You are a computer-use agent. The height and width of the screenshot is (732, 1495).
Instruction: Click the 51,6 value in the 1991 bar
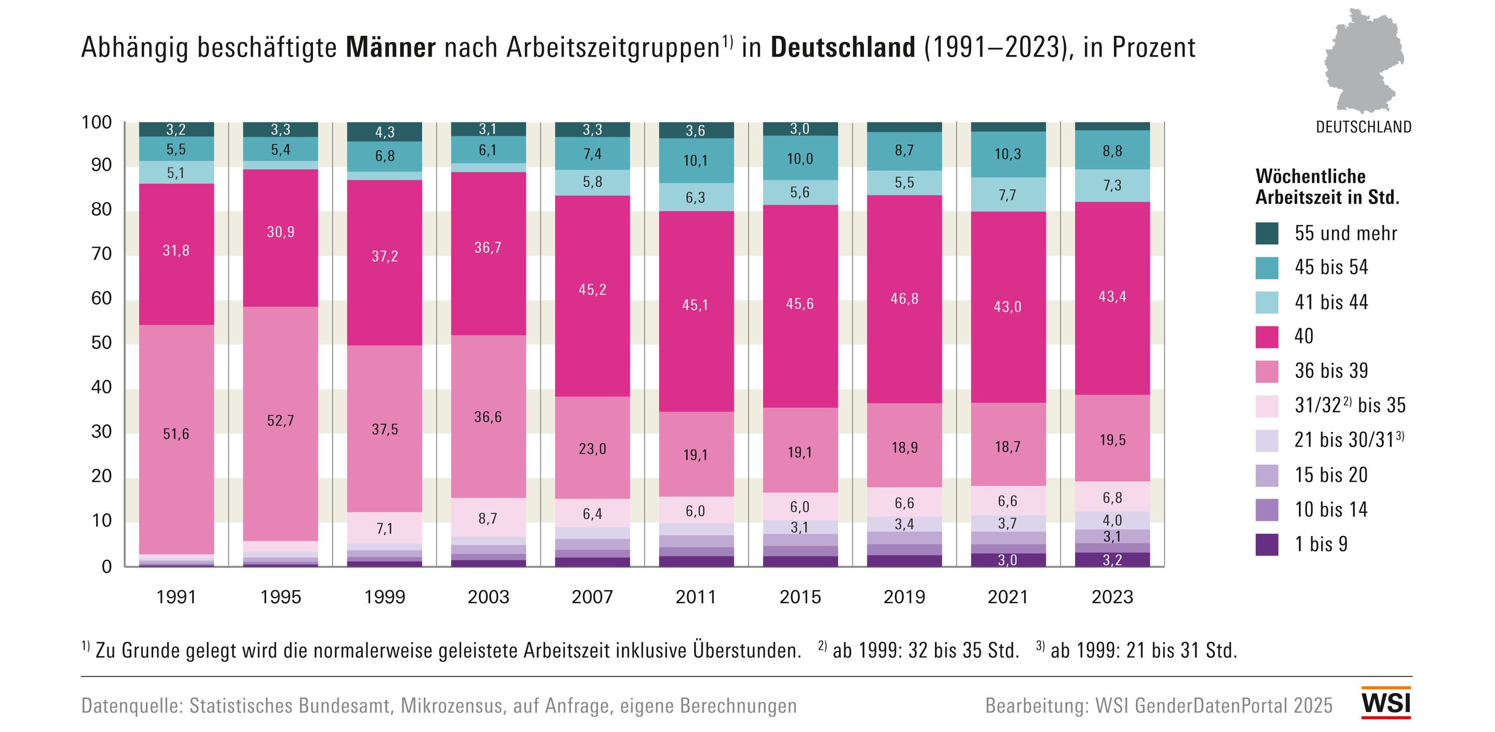click(x=176, y=433)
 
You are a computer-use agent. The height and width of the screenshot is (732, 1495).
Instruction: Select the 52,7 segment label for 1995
click(x=280, y=421)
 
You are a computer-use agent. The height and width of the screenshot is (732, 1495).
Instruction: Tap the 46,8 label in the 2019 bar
click(x=904, y=299)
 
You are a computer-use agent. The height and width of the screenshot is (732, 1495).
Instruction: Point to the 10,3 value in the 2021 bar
click(x=1008, y=154)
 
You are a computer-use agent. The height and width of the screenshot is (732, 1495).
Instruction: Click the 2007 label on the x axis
click(x=592, y=597)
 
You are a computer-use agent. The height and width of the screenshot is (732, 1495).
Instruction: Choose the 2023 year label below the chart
click(x=1112, y=597)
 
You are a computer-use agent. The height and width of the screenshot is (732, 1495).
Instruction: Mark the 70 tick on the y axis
click(x=102, y=254)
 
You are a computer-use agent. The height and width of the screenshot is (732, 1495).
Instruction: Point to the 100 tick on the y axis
click(x=97, y=123)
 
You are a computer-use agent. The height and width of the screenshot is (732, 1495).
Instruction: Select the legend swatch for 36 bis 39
click(x=1267, y=372)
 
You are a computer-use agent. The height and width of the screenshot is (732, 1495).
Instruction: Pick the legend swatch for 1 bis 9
click(x=1267, y=545)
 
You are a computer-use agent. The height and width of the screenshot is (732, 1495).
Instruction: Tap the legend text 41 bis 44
click(x=1331, y=302)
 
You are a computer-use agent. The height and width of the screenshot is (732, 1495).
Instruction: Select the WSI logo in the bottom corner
click(x=1386, y=703)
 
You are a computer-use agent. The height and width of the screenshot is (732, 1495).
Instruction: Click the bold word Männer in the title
click(x=390, y=48)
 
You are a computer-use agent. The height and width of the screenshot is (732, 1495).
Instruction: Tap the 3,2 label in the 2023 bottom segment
click(x=1112, y=560)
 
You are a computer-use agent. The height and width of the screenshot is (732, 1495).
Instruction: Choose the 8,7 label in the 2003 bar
click(x=487, y=519)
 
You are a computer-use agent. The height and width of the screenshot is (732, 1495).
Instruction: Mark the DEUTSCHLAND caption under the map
click(x=1363, y=127)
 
